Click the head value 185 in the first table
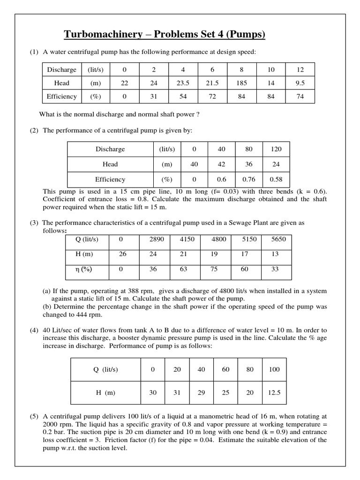(241, 83)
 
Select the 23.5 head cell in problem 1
(183, 83)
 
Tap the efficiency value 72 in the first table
(212, 97)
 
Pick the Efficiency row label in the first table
(61, 97)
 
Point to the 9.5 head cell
(300, 83)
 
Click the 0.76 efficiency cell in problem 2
(249, 179)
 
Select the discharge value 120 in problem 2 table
(276, 149)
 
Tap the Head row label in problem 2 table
(110, 164)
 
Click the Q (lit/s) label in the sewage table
(88, 240)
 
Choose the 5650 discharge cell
(278, 240)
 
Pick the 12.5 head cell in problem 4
(274, 392)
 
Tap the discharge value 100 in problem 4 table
(274, 369)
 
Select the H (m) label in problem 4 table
(104, 392)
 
